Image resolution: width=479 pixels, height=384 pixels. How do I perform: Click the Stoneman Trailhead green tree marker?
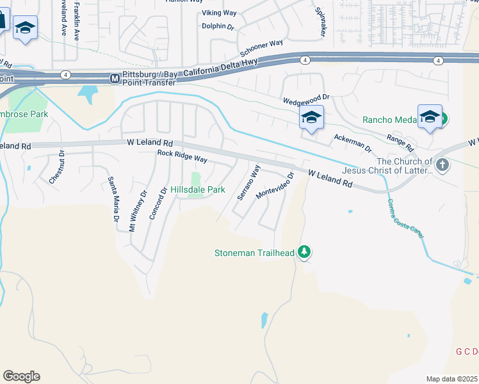click(305, 253)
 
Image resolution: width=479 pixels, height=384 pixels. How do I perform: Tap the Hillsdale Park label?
click(198, 190)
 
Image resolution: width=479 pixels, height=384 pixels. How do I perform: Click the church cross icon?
click(442, 165)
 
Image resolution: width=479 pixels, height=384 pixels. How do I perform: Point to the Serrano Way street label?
click(249, 183)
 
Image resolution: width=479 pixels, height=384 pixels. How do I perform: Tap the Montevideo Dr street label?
click(275, 185)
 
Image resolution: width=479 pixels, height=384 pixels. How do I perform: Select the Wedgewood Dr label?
click(305, 99)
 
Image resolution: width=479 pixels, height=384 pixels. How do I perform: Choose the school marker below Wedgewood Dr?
click(311, 118)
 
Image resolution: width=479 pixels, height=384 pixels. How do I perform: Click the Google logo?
click(21, 376)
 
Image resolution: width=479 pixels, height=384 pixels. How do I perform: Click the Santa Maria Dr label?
click(113, 200)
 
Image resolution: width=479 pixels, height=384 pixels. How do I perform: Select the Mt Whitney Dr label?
click(138, 209)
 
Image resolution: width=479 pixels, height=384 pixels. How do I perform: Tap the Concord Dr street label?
click(158, 204)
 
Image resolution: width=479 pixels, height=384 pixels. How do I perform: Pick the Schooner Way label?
click(261, 48)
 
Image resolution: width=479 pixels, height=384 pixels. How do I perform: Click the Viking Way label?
click(220, 13)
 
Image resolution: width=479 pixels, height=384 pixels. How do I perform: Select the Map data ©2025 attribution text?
click(451, 379)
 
